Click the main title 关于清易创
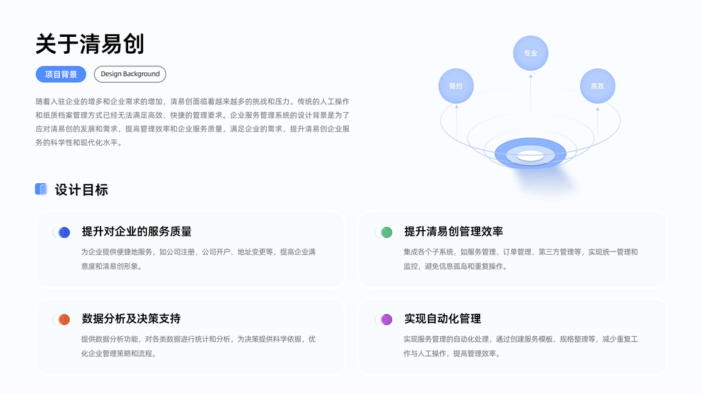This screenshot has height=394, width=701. pos(90,44)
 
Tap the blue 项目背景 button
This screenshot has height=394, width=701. pos(61,74)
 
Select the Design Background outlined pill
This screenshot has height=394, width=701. pos(130,74)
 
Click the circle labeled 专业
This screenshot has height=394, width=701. pos(530,53)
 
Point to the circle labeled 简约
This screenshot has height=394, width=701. pos(456,86)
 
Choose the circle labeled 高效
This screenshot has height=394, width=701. pos(597,86)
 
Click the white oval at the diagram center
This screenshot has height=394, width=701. pos(530,156)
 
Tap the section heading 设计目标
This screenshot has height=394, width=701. pos(81,190)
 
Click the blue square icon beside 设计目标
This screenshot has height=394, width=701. pos(41,189)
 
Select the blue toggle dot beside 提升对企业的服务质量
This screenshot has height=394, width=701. pos(64,232)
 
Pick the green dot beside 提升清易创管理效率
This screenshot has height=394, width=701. pos(386,232)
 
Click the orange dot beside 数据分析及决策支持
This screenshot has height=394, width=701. pos(64,320)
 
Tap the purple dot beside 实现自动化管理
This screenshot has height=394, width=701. pos(386,320)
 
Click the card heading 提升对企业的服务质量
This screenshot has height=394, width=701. pos(137,232)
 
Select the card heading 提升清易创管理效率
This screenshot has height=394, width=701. pos(453,232)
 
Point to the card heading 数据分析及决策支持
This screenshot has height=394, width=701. pos(131,319)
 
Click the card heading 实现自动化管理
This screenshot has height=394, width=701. pos(442,319)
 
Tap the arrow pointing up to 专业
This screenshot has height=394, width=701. pos(531,98)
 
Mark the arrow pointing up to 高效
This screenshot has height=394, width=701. pos(597,121)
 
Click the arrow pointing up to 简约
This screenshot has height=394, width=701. pos(456,121)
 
